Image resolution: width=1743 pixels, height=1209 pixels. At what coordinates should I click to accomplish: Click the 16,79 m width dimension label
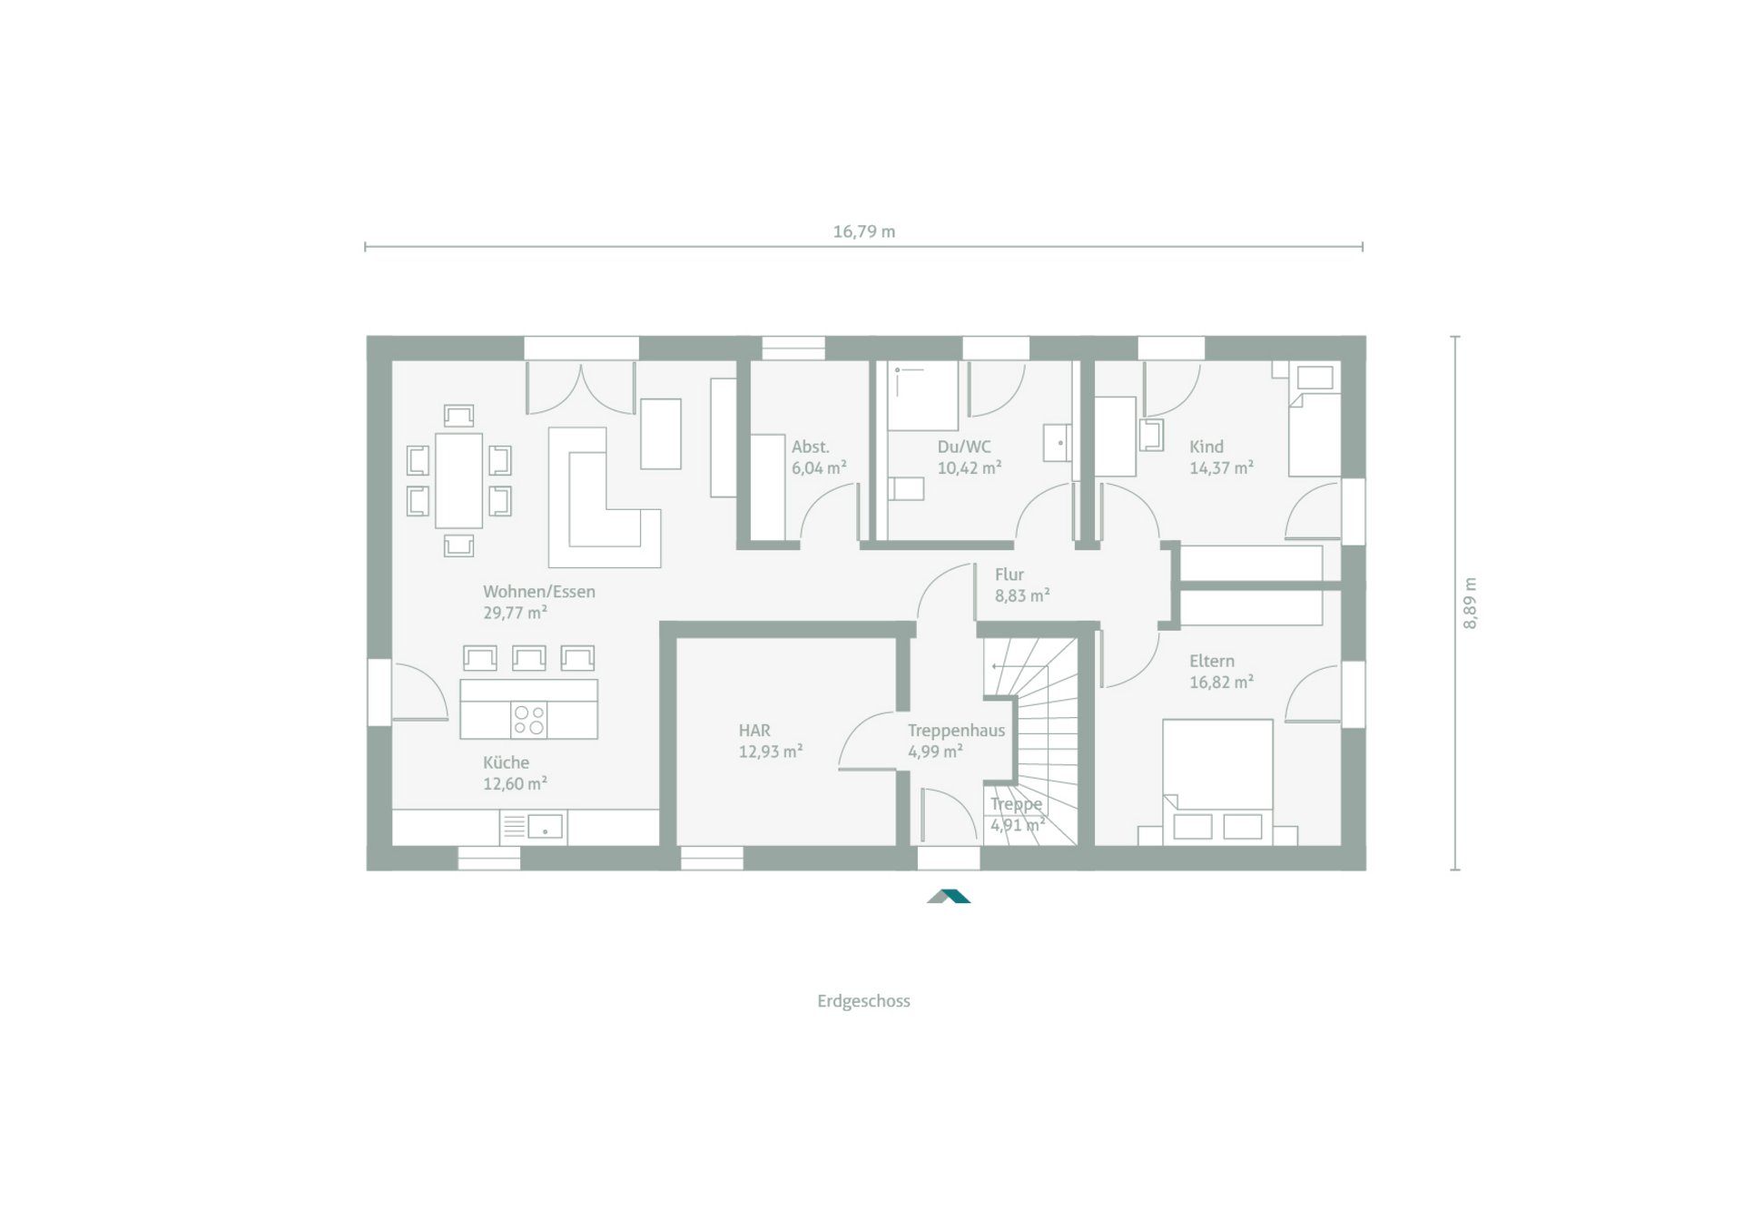863,231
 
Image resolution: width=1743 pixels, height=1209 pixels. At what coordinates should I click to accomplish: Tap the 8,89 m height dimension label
1470,603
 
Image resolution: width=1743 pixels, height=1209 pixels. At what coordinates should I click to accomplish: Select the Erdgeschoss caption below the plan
863,1001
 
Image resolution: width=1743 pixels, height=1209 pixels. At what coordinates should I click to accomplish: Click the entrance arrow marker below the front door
949,896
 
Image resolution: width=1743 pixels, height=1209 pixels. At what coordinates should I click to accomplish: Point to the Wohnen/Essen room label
538,592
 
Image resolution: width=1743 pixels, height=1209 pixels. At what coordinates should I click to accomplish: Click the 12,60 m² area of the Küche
515,784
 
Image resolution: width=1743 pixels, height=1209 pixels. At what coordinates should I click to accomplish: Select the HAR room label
754,731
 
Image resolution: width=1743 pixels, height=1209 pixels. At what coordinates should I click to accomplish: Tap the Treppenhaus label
956,731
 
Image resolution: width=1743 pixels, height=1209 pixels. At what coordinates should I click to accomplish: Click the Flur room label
1009,575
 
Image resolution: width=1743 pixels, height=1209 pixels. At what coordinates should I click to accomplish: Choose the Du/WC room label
964,447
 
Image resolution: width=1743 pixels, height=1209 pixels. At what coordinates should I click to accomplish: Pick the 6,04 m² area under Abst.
819,468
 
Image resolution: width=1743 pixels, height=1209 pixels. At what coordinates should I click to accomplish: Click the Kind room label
1206,447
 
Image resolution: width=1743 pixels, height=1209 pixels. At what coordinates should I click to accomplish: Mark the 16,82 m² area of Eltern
1221,683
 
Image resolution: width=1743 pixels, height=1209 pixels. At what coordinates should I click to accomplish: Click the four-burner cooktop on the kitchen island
529,720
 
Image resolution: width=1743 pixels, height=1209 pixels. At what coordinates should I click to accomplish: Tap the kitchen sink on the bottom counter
545,827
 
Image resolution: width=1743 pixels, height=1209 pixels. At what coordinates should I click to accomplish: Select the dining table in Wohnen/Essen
458,480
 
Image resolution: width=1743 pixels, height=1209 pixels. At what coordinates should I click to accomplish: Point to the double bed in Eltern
1216,772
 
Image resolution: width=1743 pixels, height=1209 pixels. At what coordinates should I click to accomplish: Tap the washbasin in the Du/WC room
1058,442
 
